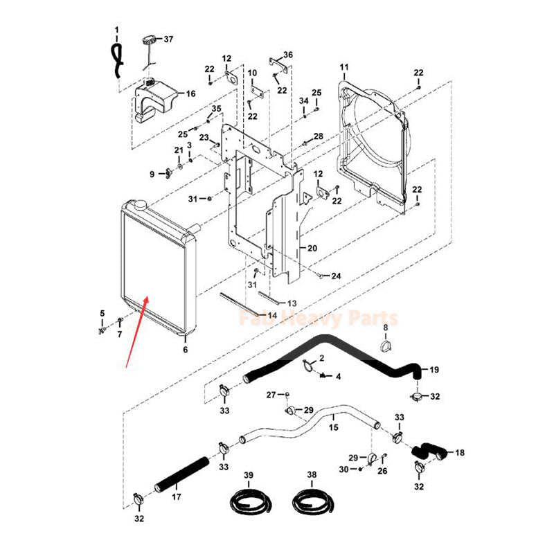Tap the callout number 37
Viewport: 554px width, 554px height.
[x=168, y=38]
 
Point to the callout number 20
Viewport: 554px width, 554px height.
[x=312, y=248]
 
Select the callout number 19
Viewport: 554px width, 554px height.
[x=434, y=369]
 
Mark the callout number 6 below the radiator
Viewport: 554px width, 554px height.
[x=185, y=350]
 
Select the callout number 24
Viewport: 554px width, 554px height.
[x=336, y=276]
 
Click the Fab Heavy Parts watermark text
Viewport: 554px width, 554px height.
[x=318, y=319]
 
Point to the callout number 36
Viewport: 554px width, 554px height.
[x=289, y=54]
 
